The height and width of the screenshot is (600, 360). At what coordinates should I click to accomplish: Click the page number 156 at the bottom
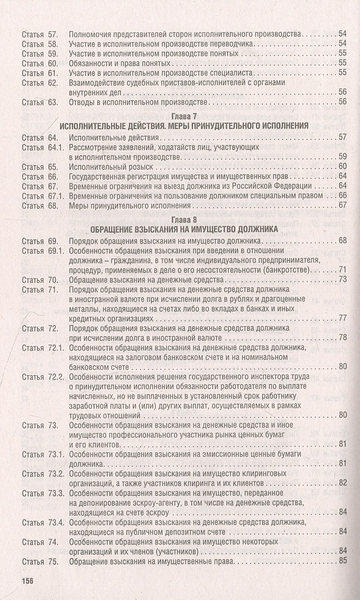(27, 581)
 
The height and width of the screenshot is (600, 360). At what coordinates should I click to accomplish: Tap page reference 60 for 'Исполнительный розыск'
(342, 167)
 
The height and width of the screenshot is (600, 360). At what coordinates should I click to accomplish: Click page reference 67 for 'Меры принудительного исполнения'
(342, 205)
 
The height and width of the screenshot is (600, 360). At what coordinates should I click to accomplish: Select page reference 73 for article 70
(342, 279)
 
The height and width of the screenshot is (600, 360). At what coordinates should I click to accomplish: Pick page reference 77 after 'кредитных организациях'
(342, 318)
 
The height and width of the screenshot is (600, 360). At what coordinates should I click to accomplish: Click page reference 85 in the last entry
(342, 560)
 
